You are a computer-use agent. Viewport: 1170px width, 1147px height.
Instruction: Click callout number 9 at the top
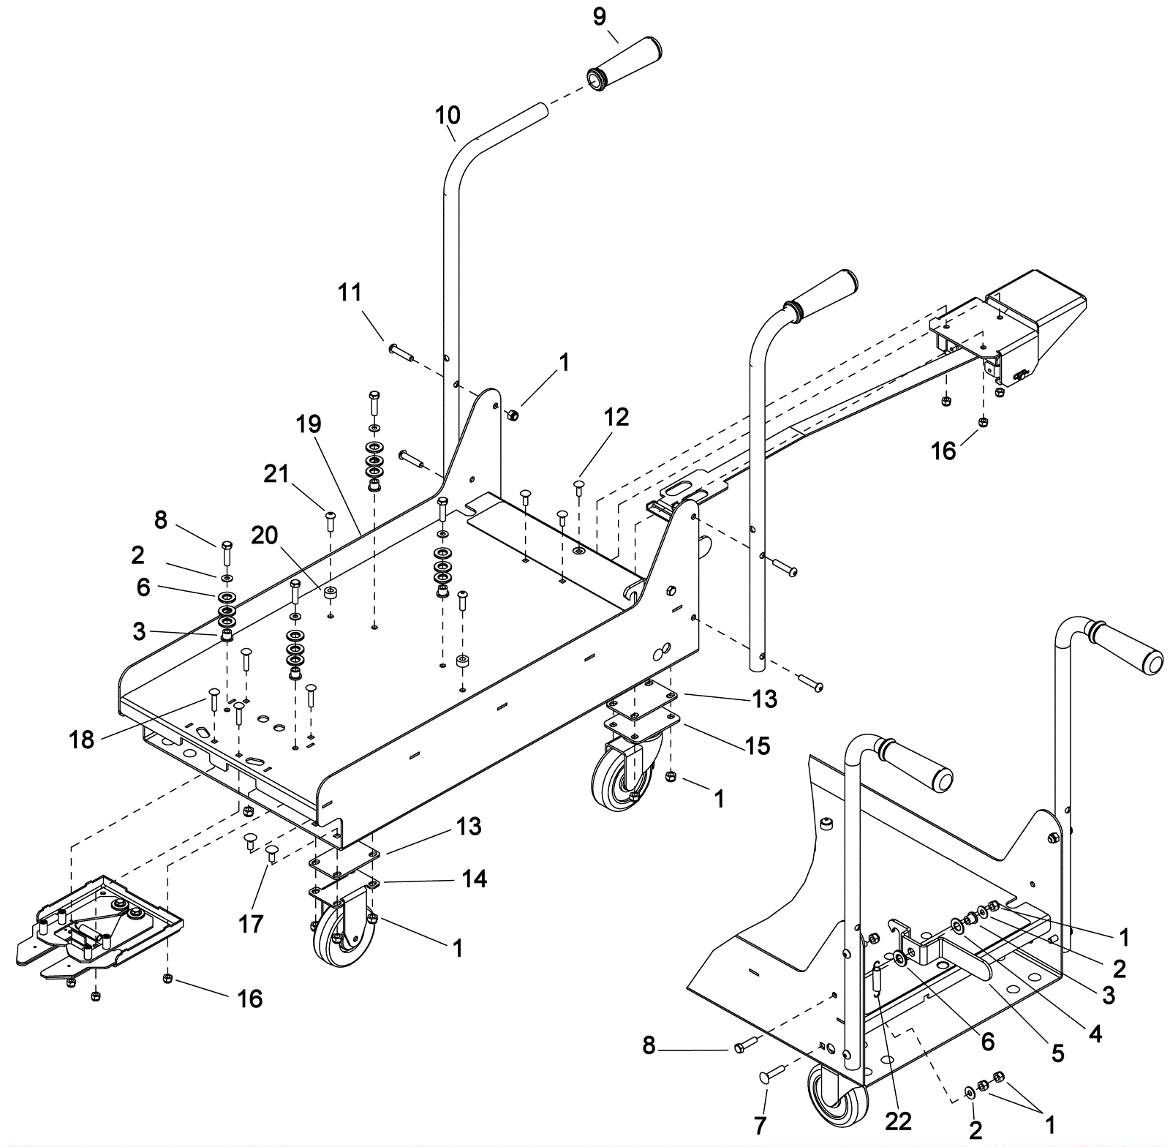tap(600, 17)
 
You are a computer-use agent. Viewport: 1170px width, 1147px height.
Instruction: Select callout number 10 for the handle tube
tap(448, 115)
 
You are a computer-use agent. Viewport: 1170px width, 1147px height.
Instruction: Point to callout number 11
tap(350, 293)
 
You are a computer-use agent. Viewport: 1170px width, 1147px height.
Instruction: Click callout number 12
tap(616, 417)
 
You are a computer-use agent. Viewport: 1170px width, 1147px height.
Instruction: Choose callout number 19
tap(309, 424)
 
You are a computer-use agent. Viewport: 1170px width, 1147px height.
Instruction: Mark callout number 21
tap(276, 474)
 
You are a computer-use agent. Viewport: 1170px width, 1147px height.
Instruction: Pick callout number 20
tap(265, 536)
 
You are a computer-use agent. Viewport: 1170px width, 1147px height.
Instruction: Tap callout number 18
tap(82, 740)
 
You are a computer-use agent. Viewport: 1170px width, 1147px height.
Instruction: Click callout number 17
tap(251, 924)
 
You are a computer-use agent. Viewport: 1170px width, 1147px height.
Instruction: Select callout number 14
tap(475, 878)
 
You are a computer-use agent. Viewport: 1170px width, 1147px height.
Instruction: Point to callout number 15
tap(757, 745)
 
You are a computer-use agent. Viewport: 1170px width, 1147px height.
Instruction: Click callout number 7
tap(760, 1124)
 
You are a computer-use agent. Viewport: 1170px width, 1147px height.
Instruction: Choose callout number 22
tap(899, 1121)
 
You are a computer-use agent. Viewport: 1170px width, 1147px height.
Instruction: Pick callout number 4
tap(1095, 1033)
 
